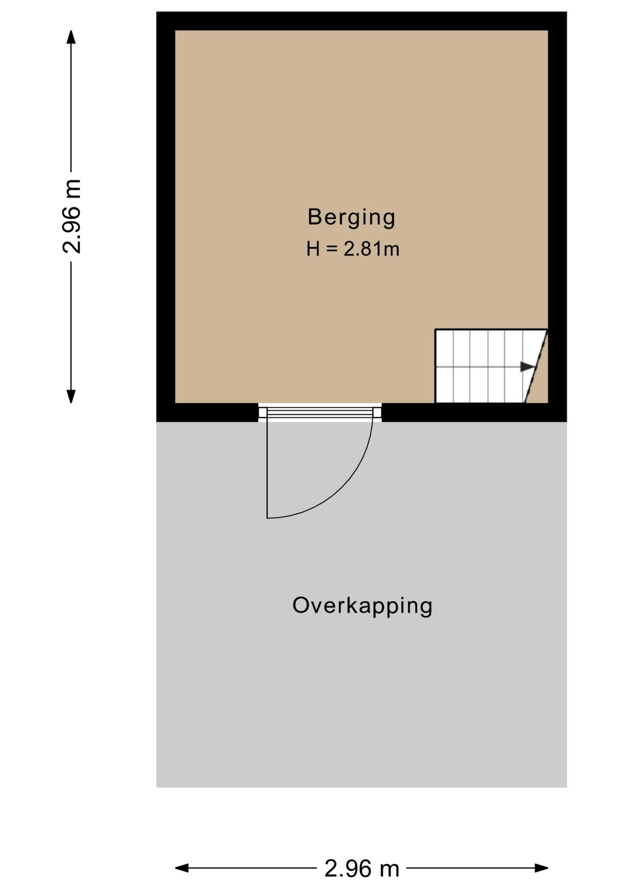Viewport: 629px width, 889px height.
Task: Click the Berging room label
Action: coord(351,218)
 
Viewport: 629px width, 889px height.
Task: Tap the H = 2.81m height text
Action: coord(352,249)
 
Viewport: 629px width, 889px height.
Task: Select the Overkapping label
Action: coord(362,606)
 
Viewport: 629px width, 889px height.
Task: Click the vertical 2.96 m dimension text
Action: coord(72,216)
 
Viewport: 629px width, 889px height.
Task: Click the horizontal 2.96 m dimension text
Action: coord(362,869)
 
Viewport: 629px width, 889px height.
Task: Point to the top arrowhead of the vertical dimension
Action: coord(71,37)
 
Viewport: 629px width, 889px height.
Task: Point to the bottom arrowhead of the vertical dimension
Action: coord(71,396)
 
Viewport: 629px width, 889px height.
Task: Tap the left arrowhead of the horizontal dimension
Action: coord(182,868)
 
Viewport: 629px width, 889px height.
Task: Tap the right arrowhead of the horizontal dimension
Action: coord(541,868)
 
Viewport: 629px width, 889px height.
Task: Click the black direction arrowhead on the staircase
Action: coord(528,367)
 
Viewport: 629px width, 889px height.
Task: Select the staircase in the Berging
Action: coord(491,366)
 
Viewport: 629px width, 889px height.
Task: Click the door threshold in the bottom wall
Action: coord(320,412)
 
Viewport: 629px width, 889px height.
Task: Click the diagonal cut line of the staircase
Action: coord(536,366)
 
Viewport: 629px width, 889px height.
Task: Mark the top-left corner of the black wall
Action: coord(157,12)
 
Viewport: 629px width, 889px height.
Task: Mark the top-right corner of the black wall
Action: coord(566,12)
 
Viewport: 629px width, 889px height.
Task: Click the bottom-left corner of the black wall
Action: coord(157,421)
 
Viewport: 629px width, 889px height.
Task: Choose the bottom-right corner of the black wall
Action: coord(566,421)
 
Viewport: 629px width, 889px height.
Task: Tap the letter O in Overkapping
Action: coord(301,605)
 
